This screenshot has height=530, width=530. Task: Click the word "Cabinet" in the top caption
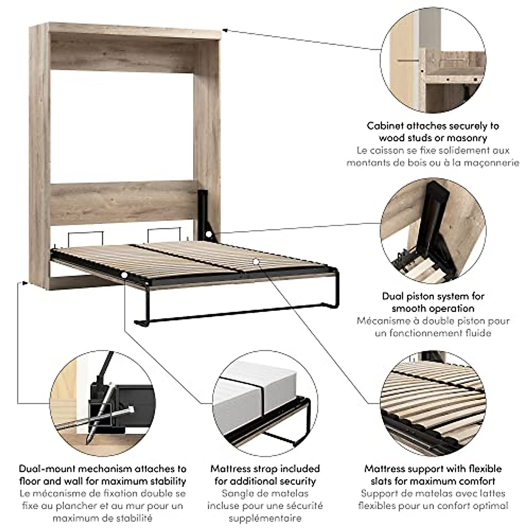click(x=385, y=126)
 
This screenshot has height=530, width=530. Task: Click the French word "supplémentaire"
click(x=265, y=518)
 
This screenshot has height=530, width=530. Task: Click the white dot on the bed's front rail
click(x=125, y=275)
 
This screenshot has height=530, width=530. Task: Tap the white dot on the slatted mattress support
click(x=256, y=261)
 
